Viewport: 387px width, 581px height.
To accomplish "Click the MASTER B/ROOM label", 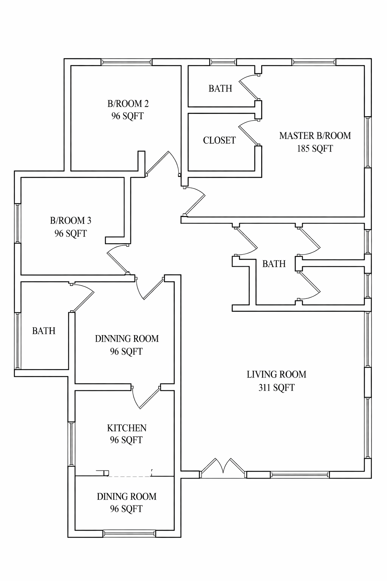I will click(315, 136).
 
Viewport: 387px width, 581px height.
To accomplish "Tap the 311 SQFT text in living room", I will click(276, 388).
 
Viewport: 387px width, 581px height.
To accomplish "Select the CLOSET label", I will click(219, 140).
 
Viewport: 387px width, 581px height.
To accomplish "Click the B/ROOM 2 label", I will click(128, 104).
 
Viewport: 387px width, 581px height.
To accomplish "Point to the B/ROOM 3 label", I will click(70, 221).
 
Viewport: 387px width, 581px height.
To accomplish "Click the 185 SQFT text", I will click(315, 149).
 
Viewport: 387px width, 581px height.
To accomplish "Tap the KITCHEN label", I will click(127, 428).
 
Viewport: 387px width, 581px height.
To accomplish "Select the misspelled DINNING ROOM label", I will click(127, 339).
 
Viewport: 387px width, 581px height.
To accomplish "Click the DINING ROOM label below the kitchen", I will click(127, 497).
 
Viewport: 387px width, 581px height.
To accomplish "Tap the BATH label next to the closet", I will click(220, 89).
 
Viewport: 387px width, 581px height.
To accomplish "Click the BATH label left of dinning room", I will click(44, 331).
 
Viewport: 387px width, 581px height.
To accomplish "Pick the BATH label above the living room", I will click(274, 264).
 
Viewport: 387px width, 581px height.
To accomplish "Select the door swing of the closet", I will click(248, 132).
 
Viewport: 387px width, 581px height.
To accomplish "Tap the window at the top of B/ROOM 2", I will click(127, 62).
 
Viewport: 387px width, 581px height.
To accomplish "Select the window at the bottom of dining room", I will click(129, 533).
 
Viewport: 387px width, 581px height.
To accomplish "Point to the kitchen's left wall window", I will click(71, 444).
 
